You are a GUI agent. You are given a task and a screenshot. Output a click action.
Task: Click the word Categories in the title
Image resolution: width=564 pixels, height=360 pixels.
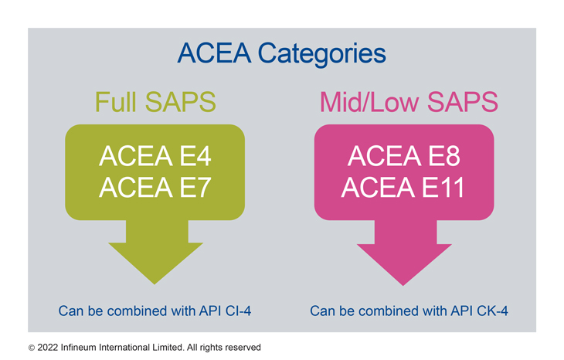pos(322,54)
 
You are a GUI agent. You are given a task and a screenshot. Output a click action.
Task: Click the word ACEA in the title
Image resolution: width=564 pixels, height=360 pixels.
pos(214,53)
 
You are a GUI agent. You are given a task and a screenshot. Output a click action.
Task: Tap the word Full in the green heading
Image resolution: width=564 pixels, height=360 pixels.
pos(115,102)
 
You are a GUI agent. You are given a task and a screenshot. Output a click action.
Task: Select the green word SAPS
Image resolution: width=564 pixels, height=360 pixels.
pos(181,102)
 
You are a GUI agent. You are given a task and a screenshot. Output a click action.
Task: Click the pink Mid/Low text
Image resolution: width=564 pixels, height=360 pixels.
pos(369,102)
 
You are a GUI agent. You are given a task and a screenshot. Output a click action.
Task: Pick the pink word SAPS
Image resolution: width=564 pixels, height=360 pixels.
pos(463,102)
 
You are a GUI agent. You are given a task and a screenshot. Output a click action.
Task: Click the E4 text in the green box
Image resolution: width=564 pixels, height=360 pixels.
pos(195,156)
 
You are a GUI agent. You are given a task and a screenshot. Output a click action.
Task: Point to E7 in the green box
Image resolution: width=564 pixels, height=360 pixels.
pos(195,188)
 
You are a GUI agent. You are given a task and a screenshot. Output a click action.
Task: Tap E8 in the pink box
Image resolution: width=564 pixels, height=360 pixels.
pos(444,156)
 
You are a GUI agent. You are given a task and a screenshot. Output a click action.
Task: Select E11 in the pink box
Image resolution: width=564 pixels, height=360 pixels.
pos(443,188)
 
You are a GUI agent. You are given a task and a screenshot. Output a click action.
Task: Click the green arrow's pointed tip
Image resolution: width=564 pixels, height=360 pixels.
pos(155,284)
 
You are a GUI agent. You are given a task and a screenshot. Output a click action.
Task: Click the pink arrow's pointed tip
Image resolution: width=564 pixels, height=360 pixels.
pos(403,286)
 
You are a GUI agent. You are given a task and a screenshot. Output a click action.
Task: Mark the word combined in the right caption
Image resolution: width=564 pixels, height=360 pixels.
pos(389,311)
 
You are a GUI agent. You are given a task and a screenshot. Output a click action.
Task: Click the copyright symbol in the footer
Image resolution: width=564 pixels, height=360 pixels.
pos(32,348)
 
